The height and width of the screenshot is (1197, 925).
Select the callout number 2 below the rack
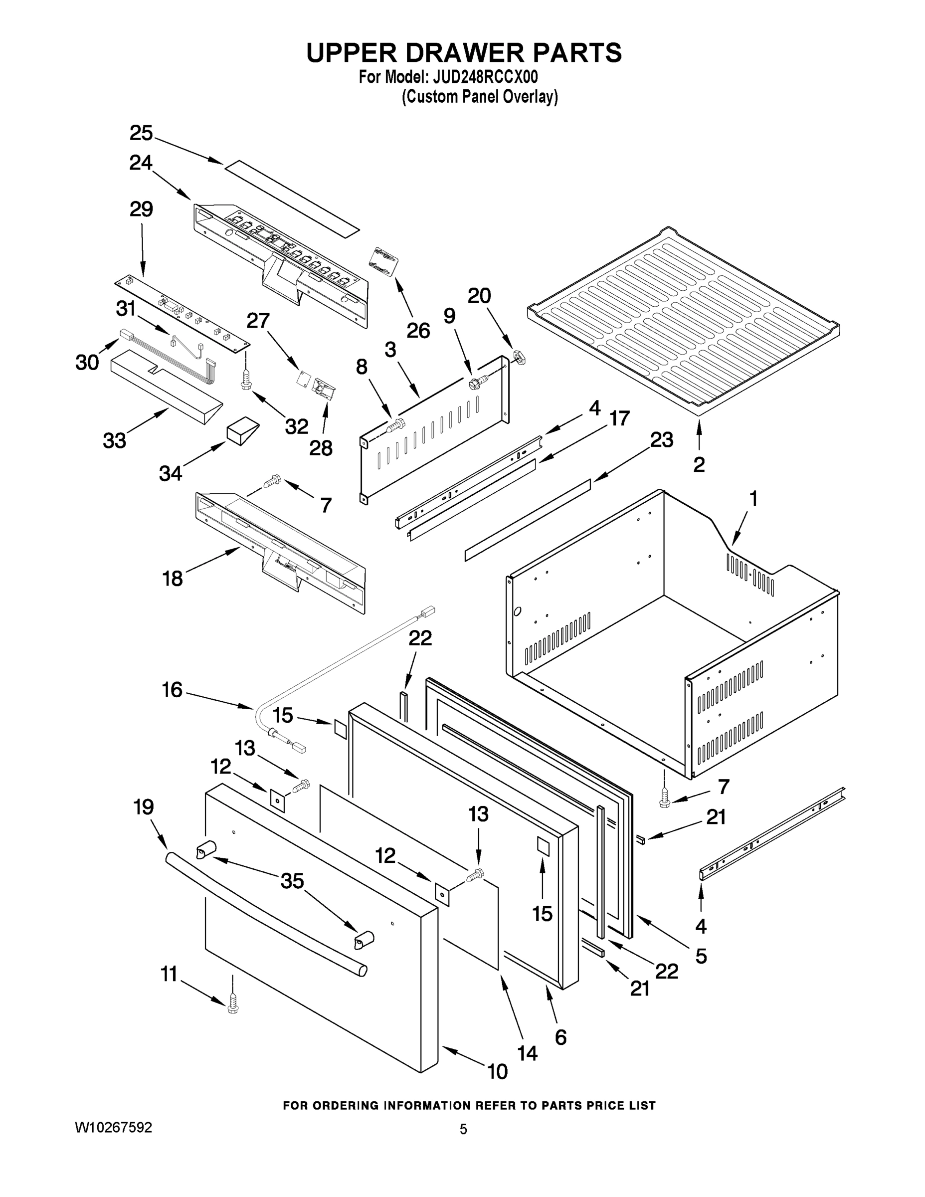click(699, 465)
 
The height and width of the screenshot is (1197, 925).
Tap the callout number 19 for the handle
click(144, 807)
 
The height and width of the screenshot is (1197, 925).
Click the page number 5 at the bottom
click(463, 1129)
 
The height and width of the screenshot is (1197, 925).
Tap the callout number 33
click(115, 440)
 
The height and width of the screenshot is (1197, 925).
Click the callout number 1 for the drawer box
click(753, 499)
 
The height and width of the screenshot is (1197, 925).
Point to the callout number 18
click(173, 578)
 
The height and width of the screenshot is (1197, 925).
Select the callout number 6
click(560, 1037)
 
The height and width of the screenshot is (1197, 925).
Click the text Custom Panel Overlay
click(480, 97)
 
